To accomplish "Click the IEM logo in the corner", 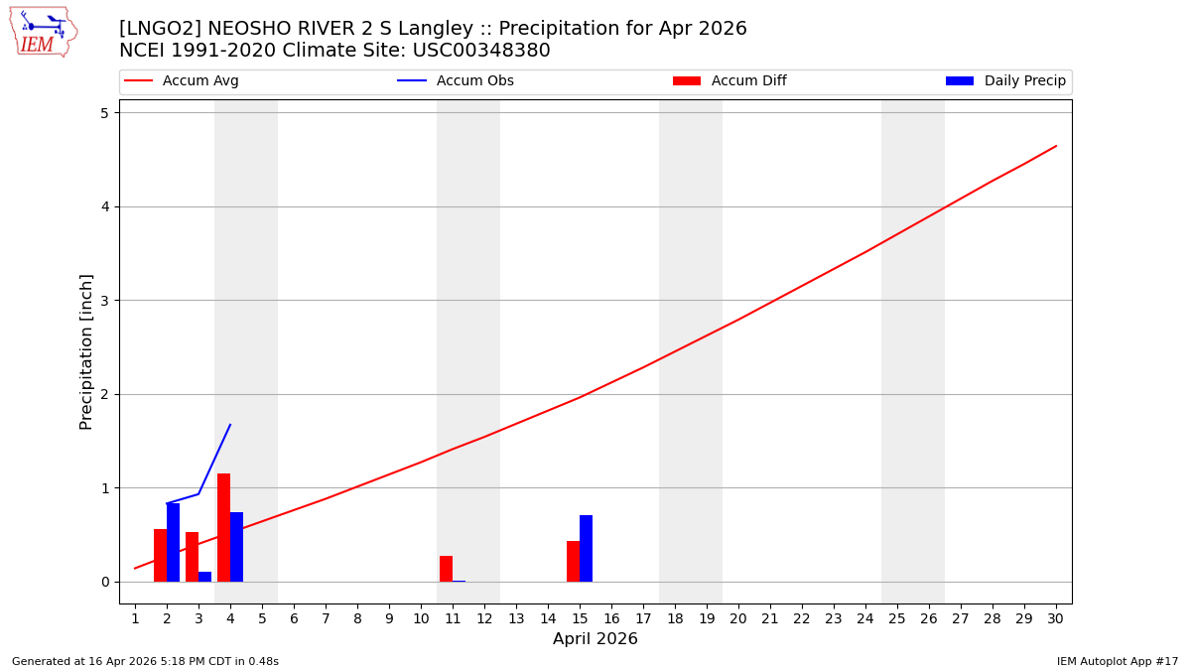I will tap(43, 31).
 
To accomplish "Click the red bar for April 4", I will tap(223, 528).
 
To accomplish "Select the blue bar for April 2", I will tap(173, 542).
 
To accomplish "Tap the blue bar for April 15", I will tap(586, 548).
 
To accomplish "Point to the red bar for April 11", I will tap(446, 569).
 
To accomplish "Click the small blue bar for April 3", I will tap(204, 577).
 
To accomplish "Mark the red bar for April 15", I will tap(573, 561).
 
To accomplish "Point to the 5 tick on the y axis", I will tap(103, 113).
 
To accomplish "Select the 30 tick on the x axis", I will tap(1055, 618).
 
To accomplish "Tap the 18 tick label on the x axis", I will tap(675, 618).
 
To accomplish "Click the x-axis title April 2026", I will tap(595, 639).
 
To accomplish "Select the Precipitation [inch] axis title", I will tap(86, 351).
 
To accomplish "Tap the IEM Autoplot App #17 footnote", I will tap(1117, 661).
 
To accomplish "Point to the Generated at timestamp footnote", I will tap(145, 661).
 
